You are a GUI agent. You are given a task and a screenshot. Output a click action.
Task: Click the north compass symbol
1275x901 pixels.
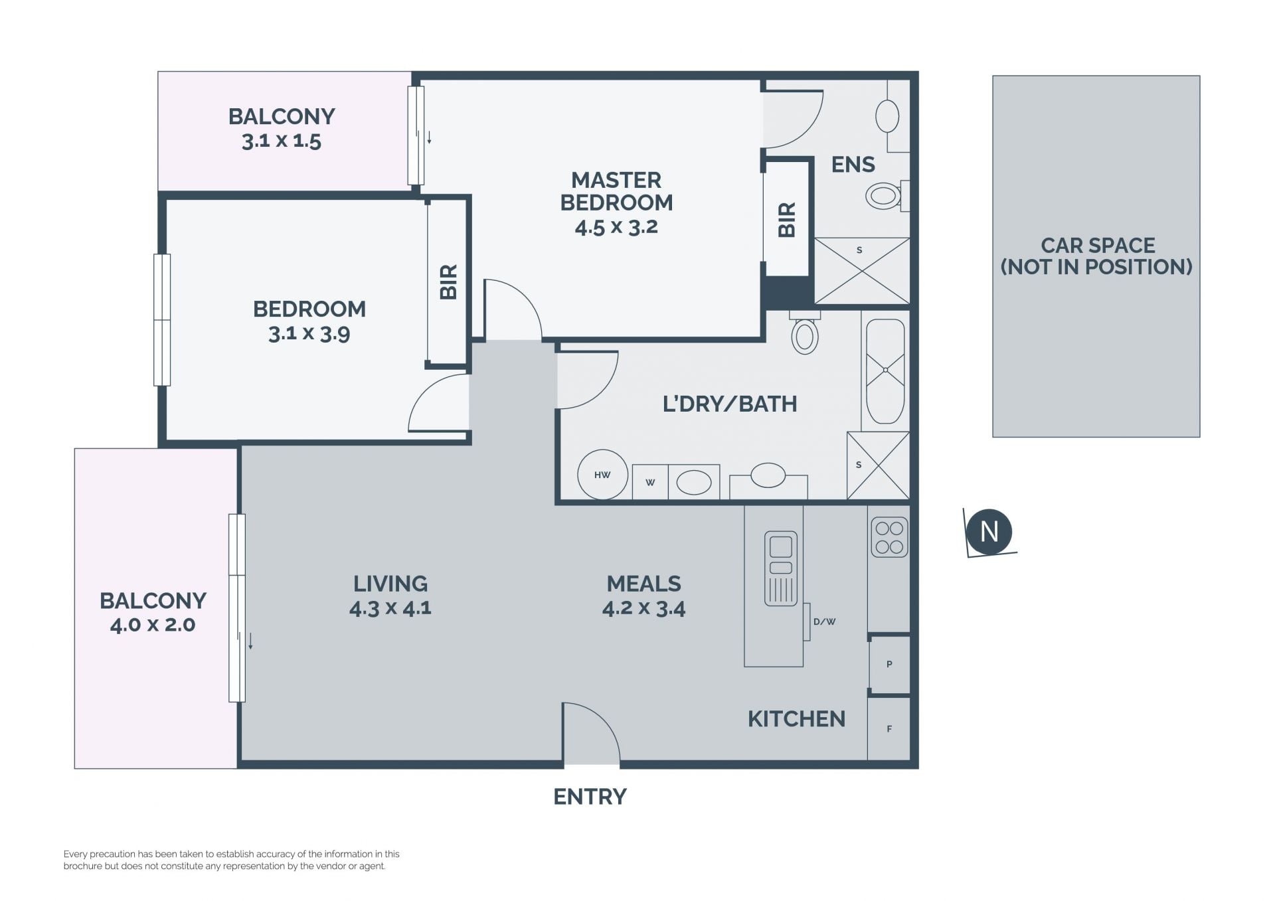[989, 532]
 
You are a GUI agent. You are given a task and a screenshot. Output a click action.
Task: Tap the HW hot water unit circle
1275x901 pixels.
[602, 475]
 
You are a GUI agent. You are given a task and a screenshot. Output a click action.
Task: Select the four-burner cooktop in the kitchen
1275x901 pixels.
[889, 537]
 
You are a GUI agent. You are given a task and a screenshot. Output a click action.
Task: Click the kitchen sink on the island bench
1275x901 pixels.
[780, 568]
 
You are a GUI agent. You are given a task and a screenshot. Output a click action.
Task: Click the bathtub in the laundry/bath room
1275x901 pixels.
[885, 371]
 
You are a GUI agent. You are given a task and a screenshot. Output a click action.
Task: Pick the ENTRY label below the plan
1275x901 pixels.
[590, 796]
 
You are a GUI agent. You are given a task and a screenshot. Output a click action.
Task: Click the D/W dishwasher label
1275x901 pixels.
[824, 621]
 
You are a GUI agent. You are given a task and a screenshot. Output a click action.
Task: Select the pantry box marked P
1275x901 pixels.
[889, 664]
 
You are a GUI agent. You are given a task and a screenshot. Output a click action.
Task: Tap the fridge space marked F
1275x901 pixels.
[889, 728]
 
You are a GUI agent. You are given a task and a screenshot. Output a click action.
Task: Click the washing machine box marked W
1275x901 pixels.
[650, 482]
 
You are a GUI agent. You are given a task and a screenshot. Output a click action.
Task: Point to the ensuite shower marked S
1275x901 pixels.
[861, 271]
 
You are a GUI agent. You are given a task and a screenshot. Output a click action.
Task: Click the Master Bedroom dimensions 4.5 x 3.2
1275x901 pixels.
[616, 227]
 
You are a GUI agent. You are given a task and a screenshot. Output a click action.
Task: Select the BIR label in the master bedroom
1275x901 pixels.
[787, 220]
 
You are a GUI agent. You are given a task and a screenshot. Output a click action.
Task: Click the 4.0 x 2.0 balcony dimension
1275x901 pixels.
[153, 625]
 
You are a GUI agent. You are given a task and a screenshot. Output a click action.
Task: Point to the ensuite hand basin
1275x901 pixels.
[887, 117]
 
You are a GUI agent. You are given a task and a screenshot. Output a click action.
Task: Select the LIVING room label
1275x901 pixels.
[390, 584]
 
